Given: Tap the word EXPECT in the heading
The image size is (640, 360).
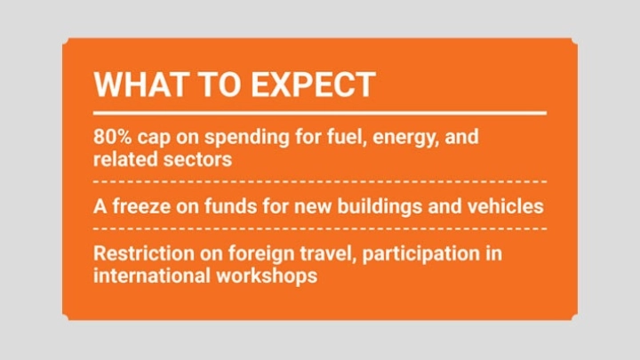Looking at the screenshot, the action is pos(313,84).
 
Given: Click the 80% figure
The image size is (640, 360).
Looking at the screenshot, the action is pos(113,137).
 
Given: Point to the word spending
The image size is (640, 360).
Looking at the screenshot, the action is pos(247,138).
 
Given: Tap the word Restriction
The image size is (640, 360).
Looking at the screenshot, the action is pos(144,253).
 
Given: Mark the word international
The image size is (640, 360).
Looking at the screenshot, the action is pos(151,276).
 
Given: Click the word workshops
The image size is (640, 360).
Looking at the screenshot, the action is pos(267,276).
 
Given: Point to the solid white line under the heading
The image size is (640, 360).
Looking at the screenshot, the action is pos(320,113).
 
